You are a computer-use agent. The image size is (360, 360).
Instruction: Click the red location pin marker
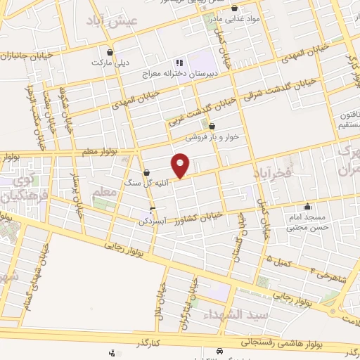click(181, 166)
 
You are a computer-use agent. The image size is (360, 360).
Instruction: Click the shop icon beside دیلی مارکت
click(109, 51)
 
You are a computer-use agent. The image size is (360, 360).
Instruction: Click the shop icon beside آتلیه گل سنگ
click(146, 172)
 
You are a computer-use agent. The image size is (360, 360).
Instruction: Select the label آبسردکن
click(134, 220)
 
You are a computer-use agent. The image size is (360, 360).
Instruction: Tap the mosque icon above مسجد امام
click(308, 207)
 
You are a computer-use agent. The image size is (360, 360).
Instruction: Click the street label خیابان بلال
click(162, 302)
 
